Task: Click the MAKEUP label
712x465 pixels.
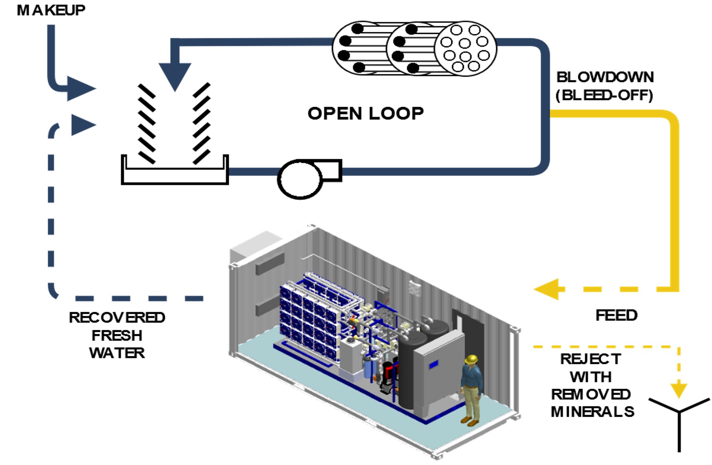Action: pyautogui.click(x=51, y=10)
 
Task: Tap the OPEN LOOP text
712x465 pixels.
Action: pyautogui.click(x=365, y=114)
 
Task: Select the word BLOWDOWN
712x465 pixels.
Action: pyautogui.click(x=605, y=77)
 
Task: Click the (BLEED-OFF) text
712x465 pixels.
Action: pyautogui.click(x=604, y=95)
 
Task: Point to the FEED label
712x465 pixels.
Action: pyautogui.click(x=616, y=315)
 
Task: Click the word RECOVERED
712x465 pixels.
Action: pyautogui.click(x=117, y=317)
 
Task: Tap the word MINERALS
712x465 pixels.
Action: pyautogui.click(x=592, y=412)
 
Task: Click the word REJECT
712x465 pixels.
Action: pyautogui.click(x=591, y=359)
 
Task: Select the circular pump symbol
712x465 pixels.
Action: pyautogui.click(x=300, y=179)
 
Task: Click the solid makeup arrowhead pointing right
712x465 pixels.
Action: pyautogui.click(x=80, y=88)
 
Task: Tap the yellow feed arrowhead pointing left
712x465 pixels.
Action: pyautogui.click(x=549, y=289)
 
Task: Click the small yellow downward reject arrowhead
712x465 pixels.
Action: pyautogui.click(x=679, y=390)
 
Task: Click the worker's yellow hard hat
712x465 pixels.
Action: pyautogui.click(x=471, y=359)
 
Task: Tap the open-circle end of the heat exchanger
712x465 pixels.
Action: pyautogui.click(x=465, y=49)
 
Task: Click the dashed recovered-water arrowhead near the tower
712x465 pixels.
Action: pyautogui.click(x=82, y=125)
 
